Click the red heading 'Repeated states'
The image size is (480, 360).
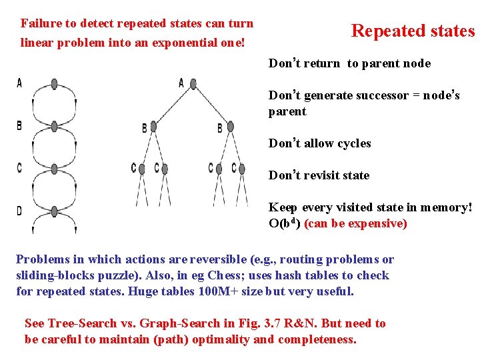point(413,31)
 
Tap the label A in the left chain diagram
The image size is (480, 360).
point(19,83)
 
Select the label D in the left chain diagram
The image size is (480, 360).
point(19,211)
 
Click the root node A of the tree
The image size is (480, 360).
point(193,84)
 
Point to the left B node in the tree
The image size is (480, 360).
point(153,126)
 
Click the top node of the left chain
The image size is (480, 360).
point(55,84)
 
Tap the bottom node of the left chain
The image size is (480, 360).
point(55,211)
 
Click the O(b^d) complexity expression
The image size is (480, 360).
point(285,223)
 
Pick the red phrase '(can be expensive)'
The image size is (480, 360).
point(355,223)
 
